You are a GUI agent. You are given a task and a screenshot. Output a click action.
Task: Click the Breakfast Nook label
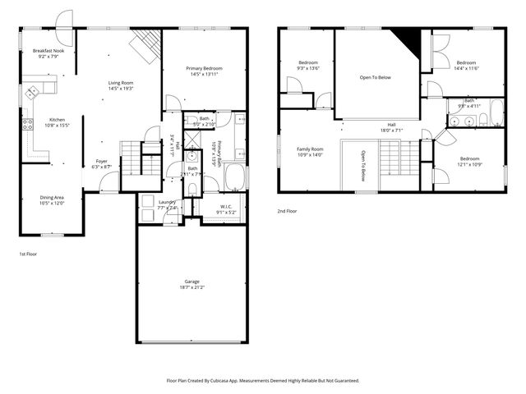click(48, 51)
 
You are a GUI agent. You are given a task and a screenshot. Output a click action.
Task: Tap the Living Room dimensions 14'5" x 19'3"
click(122, 88)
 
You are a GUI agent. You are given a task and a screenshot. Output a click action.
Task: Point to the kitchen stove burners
click(27, 125)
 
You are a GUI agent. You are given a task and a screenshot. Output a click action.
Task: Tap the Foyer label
click(101, 161)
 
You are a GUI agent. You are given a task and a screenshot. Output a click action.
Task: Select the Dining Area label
click(52, 197)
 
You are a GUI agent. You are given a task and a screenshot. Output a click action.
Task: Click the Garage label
click(191, 282)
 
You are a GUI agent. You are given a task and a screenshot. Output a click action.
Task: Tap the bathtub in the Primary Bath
click(234, 177)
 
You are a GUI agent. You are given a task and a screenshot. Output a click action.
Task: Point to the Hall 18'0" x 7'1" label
click(391, 125)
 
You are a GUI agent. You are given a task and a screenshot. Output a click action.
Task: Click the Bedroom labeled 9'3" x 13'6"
click(308, 62)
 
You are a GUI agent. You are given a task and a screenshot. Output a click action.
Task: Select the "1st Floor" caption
click(28, 254)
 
